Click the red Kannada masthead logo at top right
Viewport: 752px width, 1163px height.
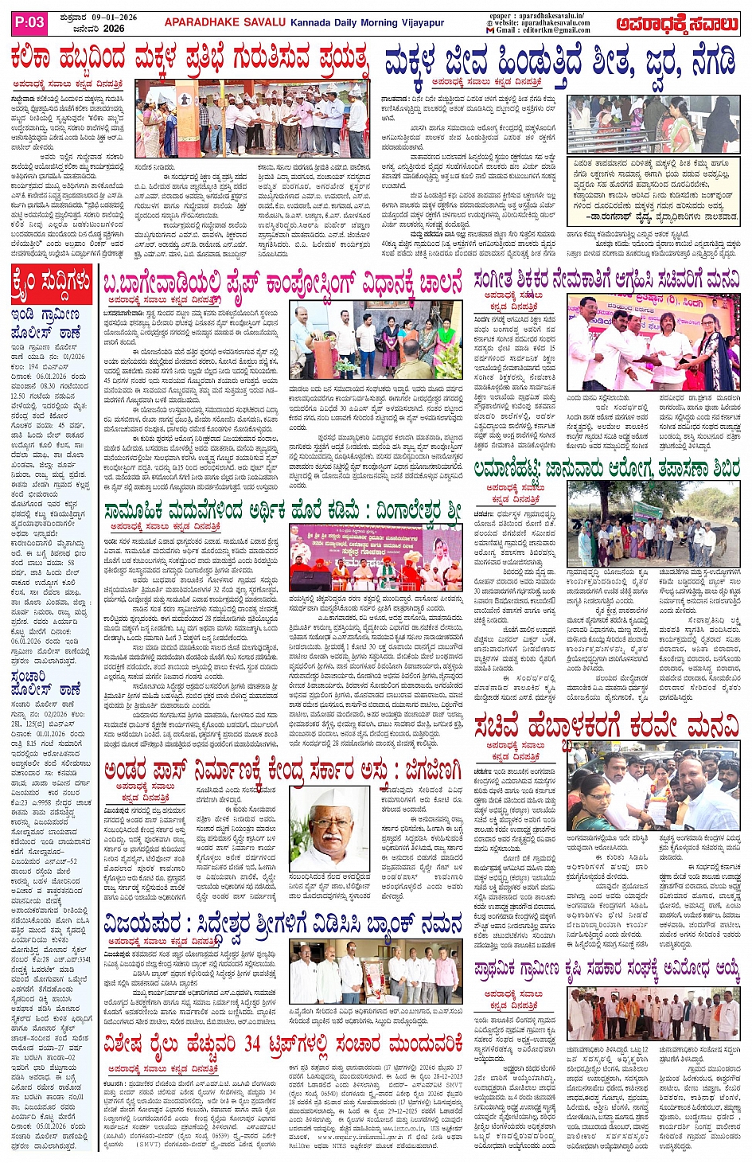pyautogui.click(x=679, y=24)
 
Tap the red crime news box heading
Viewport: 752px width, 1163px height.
pyautogui.click(x=52, y=283)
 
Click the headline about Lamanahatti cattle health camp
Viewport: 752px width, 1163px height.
pyautogui.click(x=606, y=470)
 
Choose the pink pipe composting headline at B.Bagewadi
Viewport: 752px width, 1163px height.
pyautogui.click(x=282, y=283)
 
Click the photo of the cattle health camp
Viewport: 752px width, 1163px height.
pyautogui.click(x=653, y=524)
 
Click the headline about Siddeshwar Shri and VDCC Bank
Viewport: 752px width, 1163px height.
pyautogui.click(x=282, y=924)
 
